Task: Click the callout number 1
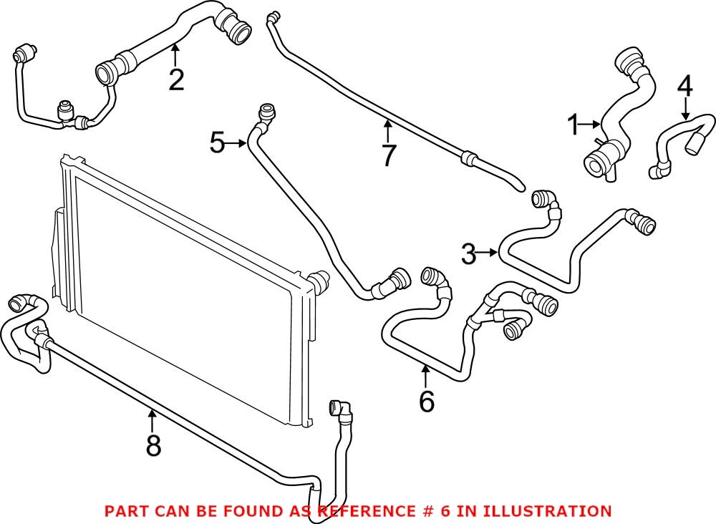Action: (x=572, y=126)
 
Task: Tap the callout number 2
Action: (x=176, y=79)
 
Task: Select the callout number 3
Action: (x=468, y=253)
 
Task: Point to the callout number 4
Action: (x=684, y=87)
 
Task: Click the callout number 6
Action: (x=426, y=402)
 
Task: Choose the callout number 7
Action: (x=388, y=155)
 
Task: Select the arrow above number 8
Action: (x=153, y=417)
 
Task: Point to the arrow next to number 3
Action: (x=488, y=253)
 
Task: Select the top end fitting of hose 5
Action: (x=266, y=111)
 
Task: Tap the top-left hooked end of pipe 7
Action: (x=271, y=17)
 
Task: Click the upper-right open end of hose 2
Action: (x=237, y=31)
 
